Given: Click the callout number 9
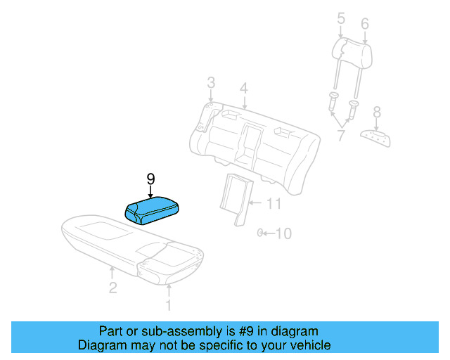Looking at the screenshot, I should click(150, 179).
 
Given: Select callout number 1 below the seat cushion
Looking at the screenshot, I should click(167, 305).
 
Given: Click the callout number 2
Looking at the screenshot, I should click(112, 287).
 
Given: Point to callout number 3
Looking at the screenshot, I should click(210, 84).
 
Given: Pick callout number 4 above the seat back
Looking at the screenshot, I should click(243, 89).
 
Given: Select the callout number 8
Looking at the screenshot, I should click(377, 111).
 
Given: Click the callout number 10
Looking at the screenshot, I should click(282, 233).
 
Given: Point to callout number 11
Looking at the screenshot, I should click(274, 204).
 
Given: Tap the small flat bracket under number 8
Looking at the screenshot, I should click(374, 137).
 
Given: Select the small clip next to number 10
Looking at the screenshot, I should click(260, 233).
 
